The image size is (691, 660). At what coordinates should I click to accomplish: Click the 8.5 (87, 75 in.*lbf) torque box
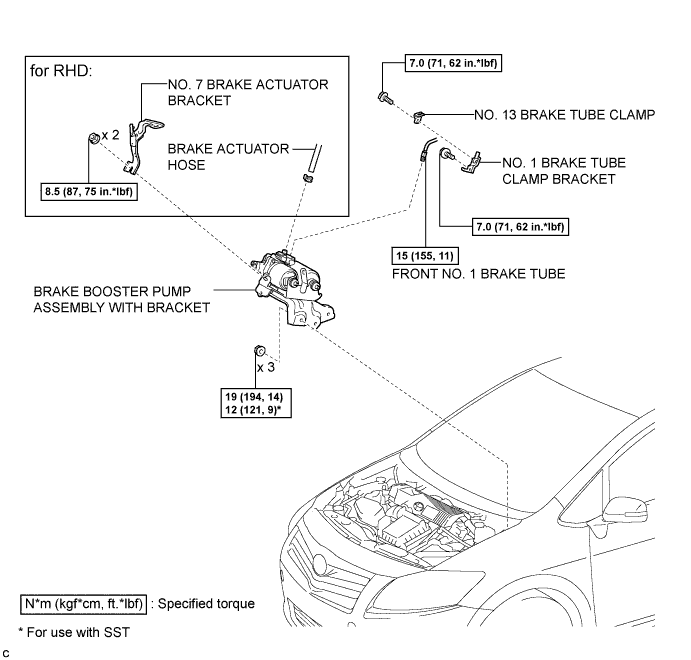89,192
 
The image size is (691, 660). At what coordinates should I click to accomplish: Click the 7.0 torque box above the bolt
453,63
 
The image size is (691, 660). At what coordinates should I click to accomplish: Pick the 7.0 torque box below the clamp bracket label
520,226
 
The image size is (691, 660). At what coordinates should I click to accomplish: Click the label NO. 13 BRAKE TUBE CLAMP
565,115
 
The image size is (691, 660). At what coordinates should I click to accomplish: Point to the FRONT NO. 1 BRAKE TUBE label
479,274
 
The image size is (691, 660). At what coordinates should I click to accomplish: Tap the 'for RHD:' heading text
61,70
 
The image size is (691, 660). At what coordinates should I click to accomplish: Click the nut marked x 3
260,351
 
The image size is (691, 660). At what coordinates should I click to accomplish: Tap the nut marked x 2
93,137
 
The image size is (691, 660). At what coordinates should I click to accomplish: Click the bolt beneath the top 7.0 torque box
385,97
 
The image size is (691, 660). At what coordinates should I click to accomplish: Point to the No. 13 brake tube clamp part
418,117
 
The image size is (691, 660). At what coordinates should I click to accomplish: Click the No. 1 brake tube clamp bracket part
472,162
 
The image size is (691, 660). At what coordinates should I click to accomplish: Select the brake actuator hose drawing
312,162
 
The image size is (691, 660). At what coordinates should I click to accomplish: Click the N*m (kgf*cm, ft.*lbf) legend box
83,604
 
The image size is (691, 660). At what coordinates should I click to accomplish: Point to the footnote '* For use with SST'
74,632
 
